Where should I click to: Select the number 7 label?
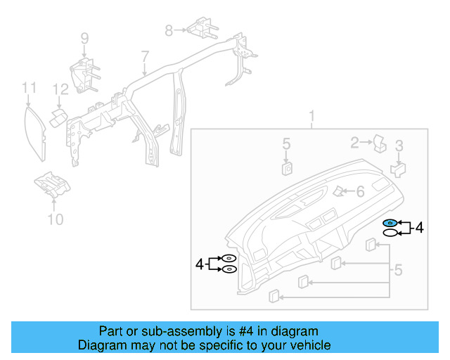click(x=145, y=56)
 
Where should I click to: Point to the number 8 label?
click(x=169, y=30)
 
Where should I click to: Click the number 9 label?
click(x=84, y=38)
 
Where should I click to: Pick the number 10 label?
click(x=55, y=220)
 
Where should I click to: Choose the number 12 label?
click(x=61, y=89)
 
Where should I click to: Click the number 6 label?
click(x=360, y=191)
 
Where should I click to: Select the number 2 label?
click(x=354, y=143)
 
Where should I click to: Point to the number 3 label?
click(x=399, y=146)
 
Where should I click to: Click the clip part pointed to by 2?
click(x=380, y=143)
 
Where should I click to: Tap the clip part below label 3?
click(x=398, y=168)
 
